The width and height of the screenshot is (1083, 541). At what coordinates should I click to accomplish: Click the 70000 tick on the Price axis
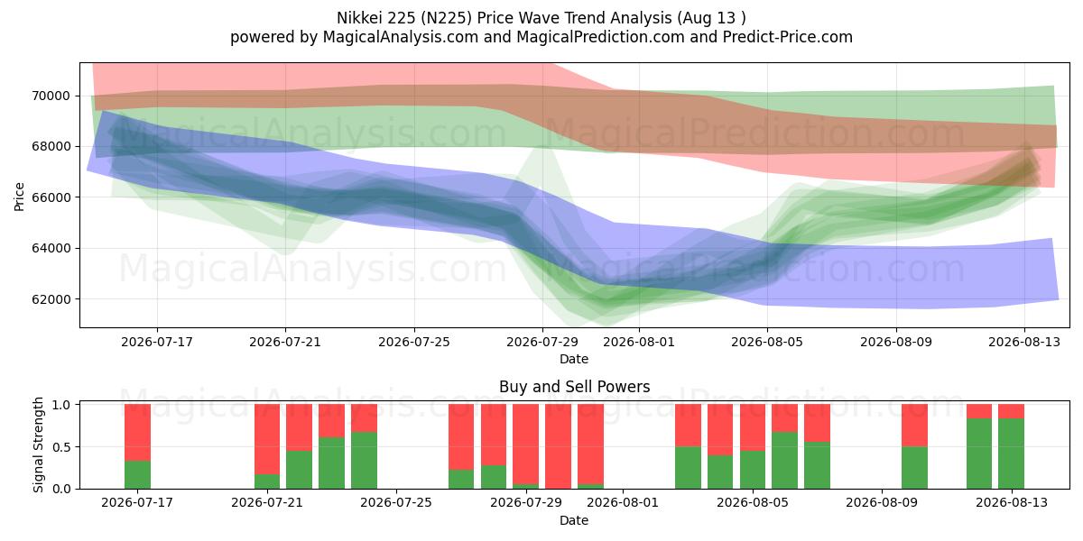[x=51, y=96]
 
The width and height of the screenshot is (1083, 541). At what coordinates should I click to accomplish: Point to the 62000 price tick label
[x=51, y=299]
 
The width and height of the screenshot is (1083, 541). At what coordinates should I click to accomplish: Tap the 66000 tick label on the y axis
[x=51, y=197]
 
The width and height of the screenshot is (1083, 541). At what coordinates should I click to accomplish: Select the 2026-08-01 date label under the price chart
[x=639, y=342]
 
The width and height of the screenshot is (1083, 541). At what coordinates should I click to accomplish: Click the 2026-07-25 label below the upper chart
[x=414, y=342]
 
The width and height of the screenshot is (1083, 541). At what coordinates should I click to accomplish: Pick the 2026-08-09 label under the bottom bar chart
[x=882, y=502]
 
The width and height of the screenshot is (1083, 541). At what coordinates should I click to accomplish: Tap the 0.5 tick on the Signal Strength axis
[x=60, y=447]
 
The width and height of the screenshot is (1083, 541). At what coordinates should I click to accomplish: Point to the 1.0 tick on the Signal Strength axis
[x=60, y=404]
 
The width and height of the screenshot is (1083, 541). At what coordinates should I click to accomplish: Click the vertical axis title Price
[x=19, y=197]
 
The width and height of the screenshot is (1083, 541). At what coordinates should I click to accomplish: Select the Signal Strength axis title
[x=38, y=445]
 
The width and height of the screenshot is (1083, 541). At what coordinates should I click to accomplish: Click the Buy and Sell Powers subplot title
[x=574, y=387]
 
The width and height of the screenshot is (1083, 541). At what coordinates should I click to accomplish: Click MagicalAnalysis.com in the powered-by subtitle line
[x=401, y=37]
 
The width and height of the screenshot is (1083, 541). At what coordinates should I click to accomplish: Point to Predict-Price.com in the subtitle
[x=788, y=37]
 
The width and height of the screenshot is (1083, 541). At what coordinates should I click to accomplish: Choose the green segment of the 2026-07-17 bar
[x=137, y=475]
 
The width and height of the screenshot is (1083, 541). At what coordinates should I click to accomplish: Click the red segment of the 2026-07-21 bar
[x=267, y=439]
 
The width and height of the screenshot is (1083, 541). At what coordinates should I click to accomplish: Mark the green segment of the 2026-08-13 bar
[x=1011, y=454]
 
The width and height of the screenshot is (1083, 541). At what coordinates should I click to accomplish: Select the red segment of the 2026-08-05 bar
[x=753, y=427]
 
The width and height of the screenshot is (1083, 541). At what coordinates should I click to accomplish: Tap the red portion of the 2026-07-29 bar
[x=525, y=444]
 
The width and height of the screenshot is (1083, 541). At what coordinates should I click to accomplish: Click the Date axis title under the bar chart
[x=574, y=520]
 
